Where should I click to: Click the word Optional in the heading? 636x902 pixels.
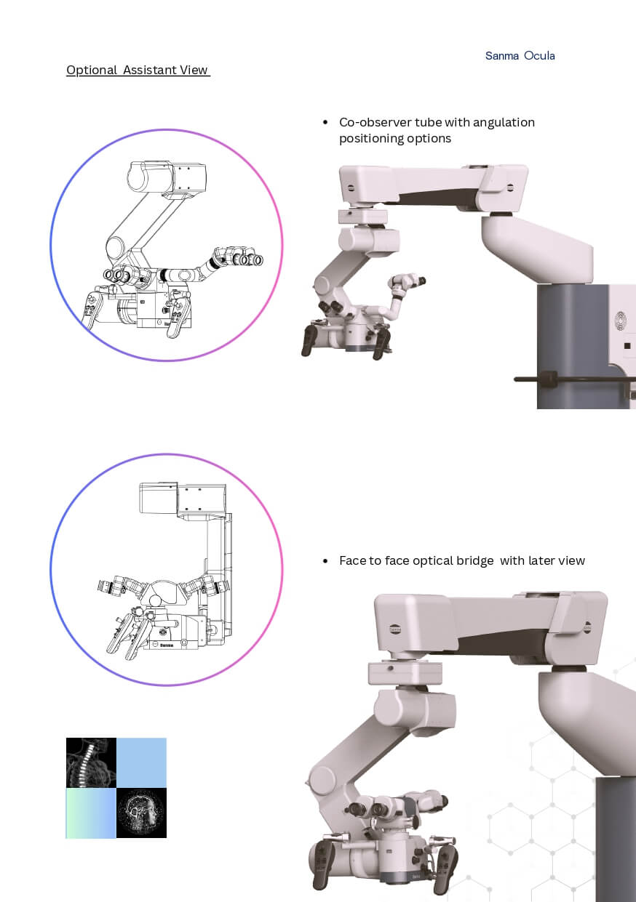click(92, 70)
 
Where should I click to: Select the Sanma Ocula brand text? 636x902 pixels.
click(520, 55)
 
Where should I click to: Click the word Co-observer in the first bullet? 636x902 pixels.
click(375, 122)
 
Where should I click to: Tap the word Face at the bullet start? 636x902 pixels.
click(352, 560)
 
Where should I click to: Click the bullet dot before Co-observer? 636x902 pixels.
click(325, 122)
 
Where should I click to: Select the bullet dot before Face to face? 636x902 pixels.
click(325, 561)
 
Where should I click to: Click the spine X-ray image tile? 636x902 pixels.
click(91, 762)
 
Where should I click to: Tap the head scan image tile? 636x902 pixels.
click(141, 813)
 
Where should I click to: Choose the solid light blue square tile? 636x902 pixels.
click(141, 762)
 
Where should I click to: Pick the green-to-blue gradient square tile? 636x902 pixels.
click(91, 813)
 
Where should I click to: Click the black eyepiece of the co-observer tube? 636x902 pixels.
click(421, 281)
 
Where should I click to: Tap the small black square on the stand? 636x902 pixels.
click(627, 346)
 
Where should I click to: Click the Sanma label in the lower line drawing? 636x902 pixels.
click(166, 645)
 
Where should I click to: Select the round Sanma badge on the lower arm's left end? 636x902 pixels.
click(395, 629)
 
